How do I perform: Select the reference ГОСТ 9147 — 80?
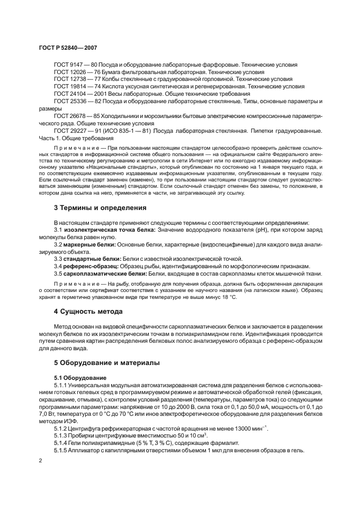click(x=75, y=64)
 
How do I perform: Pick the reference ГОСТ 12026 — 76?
click(x=77, y=71)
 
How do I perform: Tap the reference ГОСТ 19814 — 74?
click(x=77, y=86)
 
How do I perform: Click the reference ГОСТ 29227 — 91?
click(x=77, y=130)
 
